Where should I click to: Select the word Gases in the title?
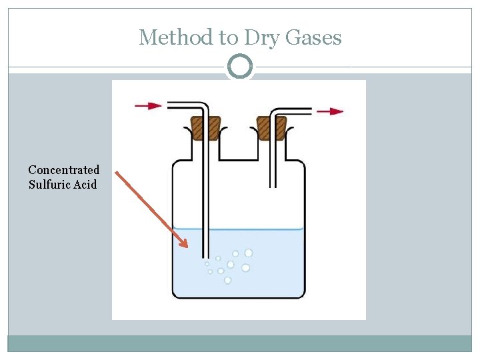coord(313,37)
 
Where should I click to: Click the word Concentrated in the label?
coord(64,170)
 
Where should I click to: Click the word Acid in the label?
coord(85,184)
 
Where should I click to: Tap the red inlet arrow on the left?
coord(148,105)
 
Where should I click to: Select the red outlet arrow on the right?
coord(330,111)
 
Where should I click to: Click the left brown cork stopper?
coord(206,128)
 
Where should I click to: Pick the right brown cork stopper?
coord(272,128)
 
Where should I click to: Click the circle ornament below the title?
coord(240,67)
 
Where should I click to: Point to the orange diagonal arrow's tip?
coord(187,247)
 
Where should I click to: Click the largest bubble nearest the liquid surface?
coord(249,253)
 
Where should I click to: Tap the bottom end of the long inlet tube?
coord(206,257)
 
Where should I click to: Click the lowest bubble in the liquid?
coord(227,280)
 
